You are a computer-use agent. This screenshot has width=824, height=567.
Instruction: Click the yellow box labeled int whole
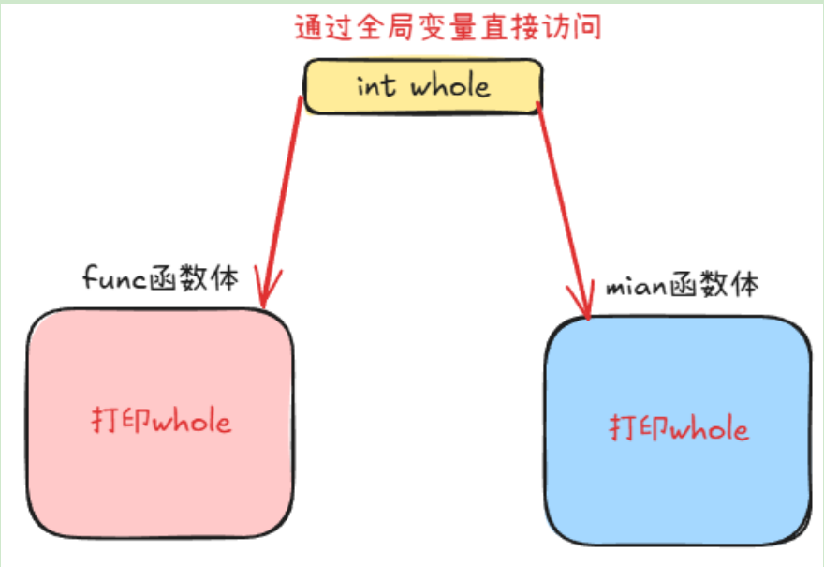tap(423, 87)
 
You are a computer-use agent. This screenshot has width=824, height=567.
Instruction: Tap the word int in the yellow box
tap(377, 86)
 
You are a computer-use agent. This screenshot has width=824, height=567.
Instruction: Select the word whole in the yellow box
tap(449, 86)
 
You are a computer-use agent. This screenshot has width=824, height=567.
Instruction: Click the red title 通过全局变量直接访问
tap(448, 27)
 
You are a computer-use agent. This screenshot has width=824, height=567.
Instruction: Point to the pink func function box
tap(159, 422)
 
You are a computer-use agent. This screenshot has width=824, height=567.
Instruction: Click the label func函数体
tap(160, 277)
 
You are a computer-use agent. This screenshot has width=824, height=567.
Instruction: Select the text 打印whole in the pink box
tap(160, 421)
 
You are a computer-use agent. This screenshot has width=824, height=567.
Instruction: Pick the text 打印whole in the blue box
tap(679, 429)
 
